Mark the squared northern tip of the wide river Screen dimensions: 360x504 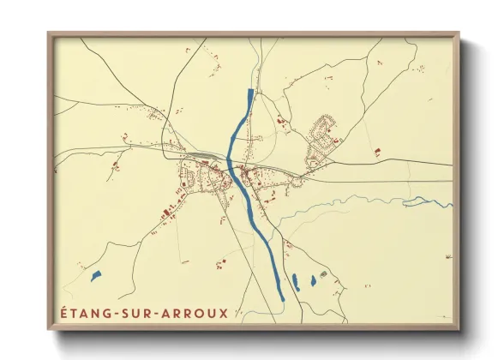pyautogui.click(x=250, y=91)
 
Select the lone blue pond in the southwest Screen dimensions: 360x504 pyautogui.click(x=95, y=276)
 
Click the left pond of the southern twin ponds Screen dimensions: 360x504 pyautogui.click(x=296, y=281)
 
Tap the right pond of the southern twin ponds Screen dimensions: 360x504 pyautogui.click(x=313, y=280)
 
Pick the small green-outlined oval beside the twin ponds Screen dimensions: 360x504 pyautogui.click(x=323, y=273)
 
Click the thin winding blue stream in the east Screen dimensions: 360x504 pyautogui.click(x=360, y=202)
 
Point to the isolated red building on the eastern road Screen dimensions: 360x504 pyautogui.click(x=376, y=153)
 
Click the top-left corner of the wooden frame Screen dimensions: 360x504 pyautogui.click(x=49, y=33)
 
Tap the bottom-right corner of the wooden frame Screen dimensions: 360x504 pyautogui.click(x=459, y=329)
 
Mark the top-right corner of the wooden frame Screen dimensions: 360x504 pyautogui.click(x=459, y=33)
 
